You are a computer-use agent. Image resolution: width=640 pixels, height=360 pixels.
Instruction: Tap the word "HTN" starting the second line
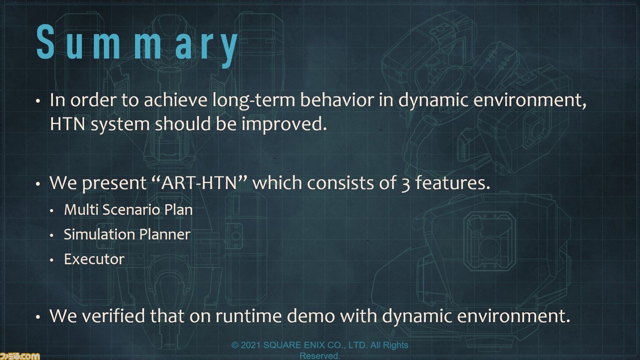(67, 124)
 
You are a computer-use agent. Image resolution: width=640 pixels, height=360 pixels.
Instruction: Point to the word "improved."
(284, 125)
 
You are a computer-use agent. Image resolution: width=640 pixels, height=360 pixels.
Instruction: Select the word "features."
(452, 182)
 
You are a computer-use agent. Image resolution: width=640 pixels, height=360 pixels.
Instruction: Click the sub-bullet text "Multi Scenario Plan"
(128, 210)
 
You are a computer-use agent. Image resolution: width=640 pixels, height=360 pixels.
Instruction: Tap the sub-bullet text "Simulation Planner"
(127, 234)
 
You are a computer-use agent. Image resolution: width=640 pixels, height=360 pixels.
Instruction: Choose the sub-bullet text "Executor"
(94, 259)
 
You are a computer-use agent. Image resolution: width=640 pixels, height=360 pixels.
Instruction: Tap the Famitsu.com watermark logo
(19, 356)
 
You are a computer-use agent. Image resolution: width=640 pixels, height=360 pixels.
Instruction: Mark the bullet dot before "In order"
(38, 101)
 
